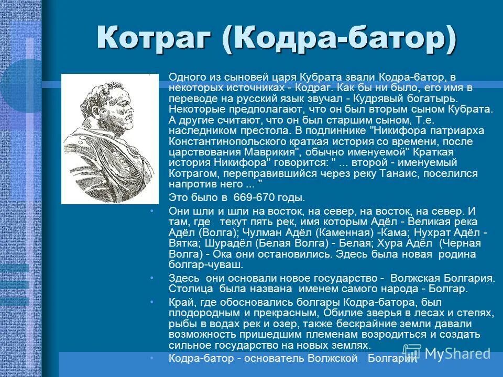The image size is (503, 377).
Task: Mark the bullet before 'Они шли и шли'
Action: coord(151,211)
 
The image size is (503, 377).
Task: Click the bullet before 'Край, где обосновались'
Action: coord(151,302)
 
